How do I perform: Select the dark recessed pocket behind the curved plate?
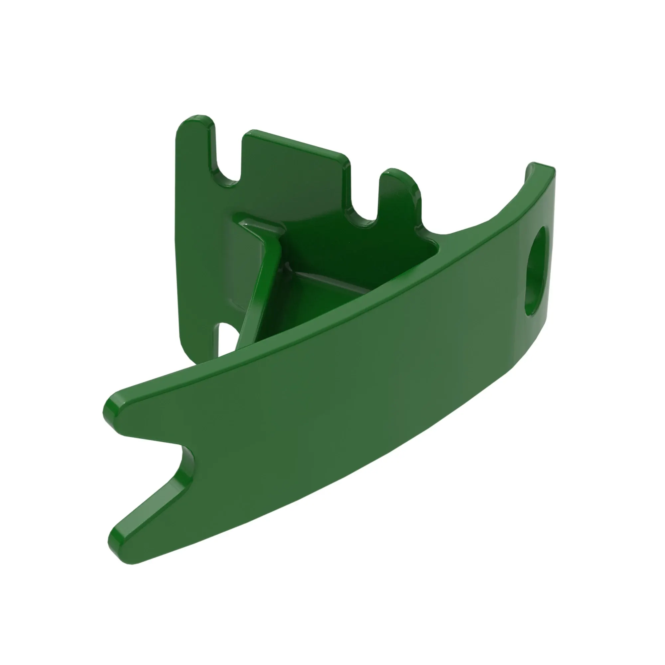click(344, 262)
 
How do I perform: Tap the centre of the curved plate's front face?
click(344, 389)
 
